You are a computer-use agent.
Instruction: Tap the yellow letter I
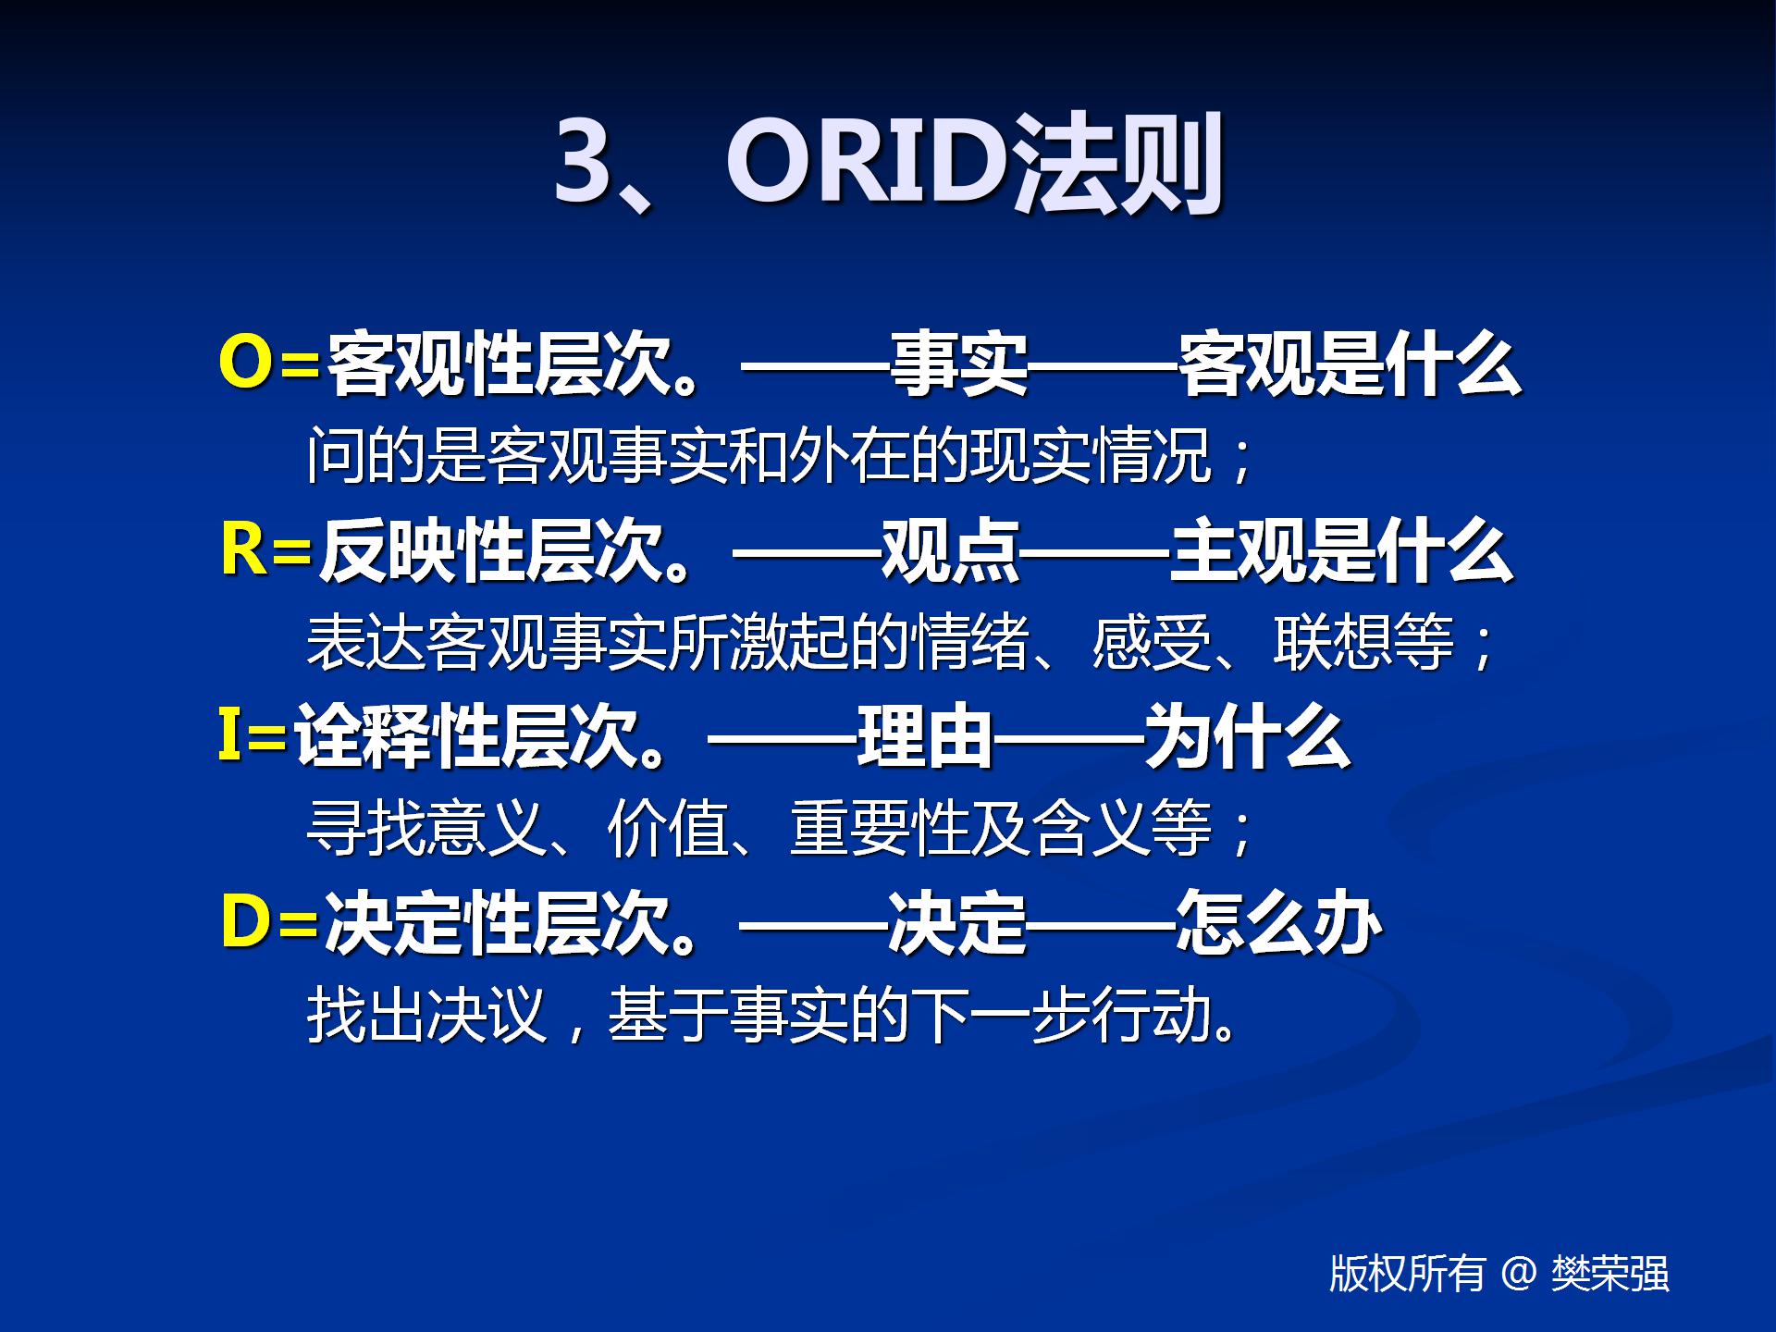click(x=228, y=734)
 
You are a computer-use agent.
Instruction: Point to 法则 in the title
click(x=1117, y=163)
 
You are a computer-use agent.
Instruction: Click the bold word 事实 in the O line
click(x=959, y=364)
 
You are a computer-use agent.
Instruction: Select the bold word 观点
click(x=951, y=551)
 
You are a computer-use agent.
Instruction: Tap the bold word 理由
click(x=926, y=736)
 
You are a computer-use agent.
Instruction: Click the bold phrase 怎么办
click(x=1279, y=923)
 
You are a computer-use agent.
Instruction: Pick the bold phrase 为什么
click(x=1248, y=736)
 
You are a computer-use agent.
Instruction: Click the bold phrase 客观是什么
click(x=1350, y=364)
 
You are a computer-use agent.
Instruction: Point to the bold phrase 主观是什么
click(x=1342, y=551)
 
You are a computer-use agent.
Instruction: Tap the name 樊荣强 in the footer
click(x=1610, y=1274)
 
